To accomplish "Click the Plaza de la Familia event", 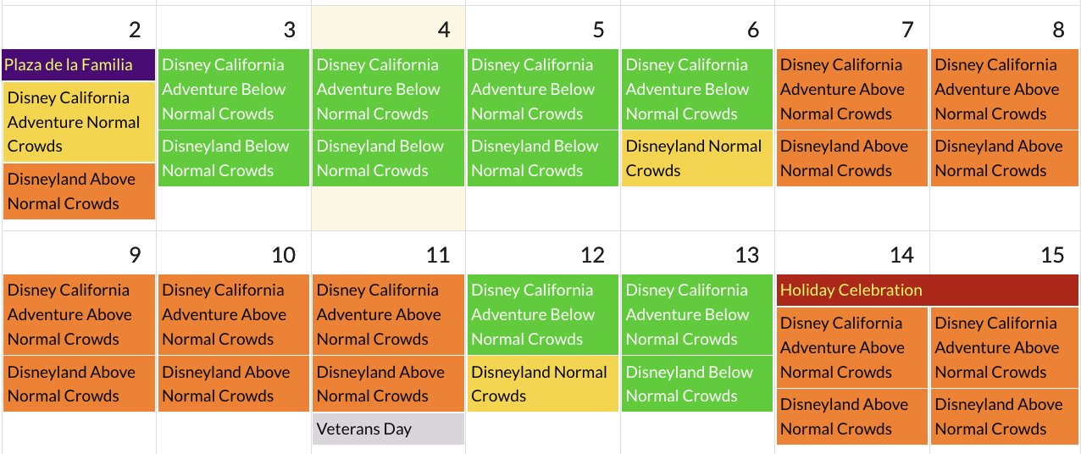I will tap(79, 65).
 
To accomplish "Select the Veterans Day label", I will tap(388, 429).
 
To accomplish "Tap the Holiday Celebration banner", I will tap(927, 291).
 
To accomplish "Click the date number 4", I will tap(443, 30).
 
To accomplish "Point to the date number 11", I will tap(437, 255).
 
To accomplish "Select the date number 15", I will tap(1052, 255).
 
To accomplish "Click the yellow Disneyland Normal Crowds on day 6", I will tap(696, 158).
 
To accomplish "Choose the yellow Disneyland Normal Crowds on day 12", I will tap(542, 384).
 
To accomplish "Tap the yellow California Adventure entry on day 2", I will tap(79, 122).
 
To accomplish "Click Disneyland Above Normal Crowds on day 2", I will tap(79, 191).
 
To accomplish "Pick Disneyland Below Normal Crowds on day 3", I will tap(233, 158).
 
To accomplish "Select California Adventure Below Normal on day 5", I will tap(542, 89).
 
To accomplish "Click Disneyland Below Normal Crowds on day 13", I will tap(696, 384).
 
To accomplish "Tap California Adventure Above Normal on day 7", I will tap(851, 89).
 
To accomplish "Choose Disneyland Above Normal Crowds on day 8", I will tap(1006, 158).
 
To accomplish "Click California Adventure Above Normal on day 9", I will tap(79, 314).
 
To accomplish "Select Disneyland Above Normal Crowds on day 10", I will tap(233, 384).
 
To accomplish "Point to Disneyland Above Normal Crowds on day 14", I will tap(851, 417).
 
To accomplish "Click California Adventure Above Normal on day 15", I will tap(1006, 347).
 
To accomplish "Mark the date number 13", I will tap(746, 255).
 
